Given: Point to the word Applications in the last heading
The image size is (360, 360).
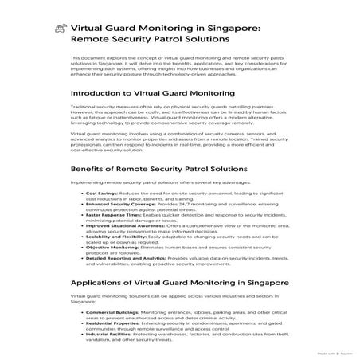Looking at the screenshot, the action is (x=105, y=282).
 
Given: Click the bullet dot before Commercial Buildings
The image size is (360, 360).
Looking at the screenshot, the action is (x=81, y=312).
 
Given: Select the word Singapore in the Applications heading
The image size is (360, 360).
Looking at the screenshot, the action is (x=262, y=282).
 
